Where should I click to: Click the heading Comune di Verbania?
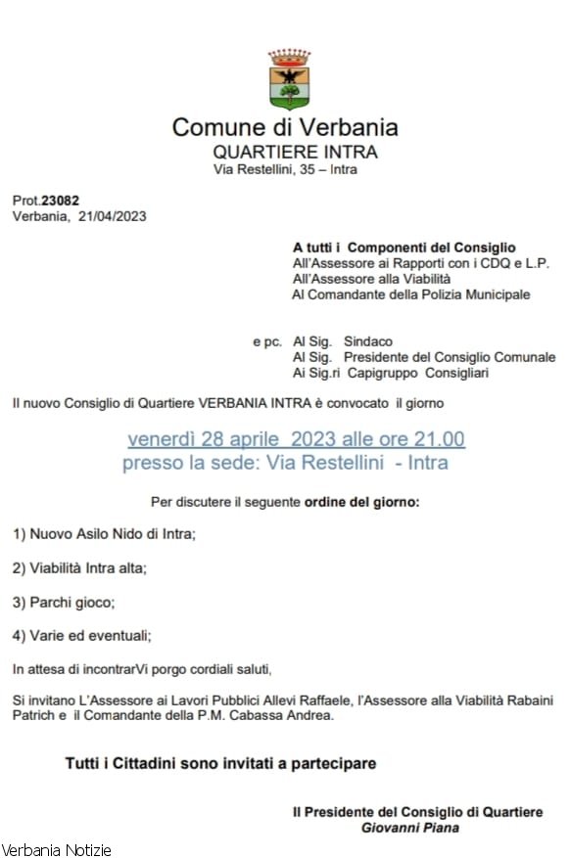285,127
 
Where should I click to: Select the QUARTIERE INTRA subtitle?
295,152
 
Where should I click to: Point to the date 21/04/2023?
112,216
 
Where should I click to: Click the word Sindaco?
368,341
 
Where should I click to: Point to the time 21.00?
442,438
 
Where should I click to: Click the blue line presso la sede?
285,463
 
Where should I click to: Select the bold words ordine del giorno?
363,503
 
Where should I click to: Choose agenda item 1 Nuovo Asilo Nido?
105,534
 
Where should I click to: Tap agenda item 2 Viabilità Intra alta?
80,567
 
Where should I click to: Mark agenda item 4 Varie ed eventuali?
82,636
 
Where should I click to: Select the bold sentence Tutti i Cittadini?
220,762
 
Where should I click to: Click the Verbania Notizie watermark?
57,849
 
